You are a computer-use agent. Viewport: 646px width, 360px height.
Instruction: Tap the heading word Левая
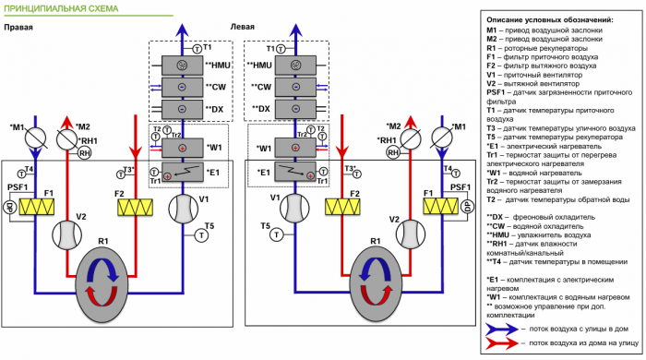pos(243,28)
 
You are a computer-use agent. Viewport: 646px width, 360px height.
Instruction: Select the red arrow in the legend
pos(502,342)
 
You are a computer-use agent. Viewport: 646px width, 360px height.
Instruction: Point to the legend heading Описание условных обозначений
pos(548,19)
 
